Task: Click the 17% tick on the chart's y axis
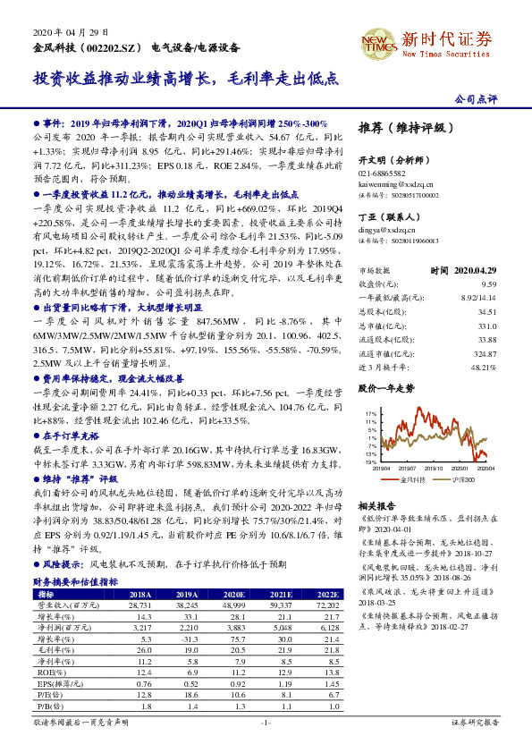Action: point(369,414)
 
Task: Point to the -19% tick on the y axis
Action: point(369,462)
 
